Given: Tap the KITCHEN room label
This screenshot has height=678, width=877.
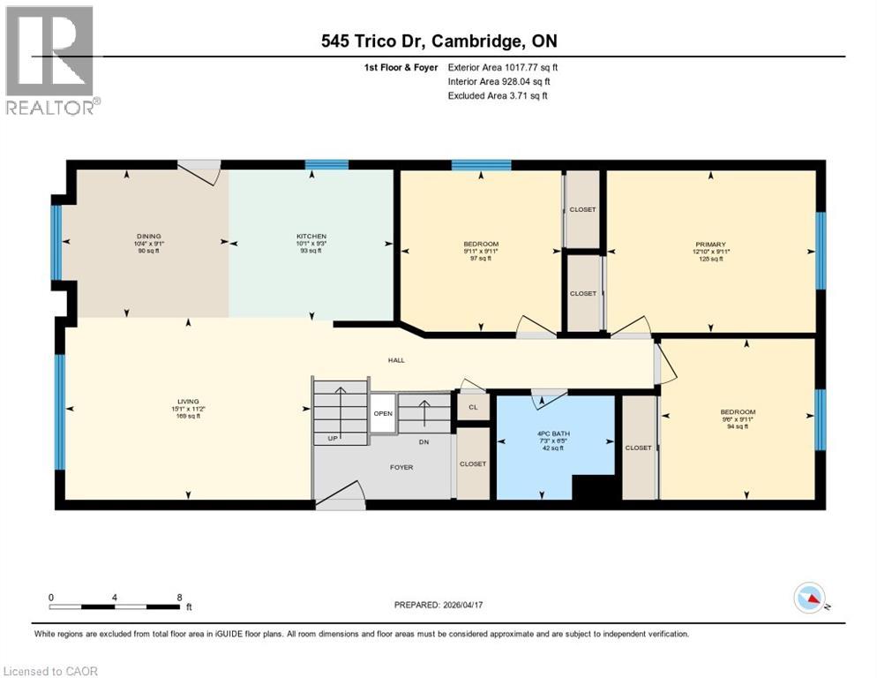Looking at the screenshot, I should pyautogui.click(x=311, y=237).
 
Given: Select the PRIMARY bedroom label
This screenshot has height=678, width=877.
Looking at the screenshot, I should pyautogui.click(x=710, y=245).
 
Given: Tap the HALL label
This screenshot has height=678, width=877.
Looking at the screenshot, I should pyautogui.click(x=396, y=360).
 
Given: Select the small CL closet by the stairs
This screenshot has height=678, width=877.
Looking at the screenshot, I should pyautogui.click(x=473, y=407).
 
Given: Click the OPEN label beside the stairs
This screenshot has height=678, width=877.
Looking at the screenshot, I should pyautogui.click(x=382, y=413).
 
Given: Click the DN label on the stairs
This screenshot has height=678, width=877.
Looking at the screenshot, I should pyautogui.click(x=424, y=441).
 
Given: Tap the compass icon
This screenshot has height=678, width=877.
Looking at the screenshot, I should pyautogui.click(x=809, y=599).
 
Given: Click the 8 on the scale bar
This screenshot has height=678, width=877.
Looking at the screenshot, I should pyautogui.click(x=180, y=597).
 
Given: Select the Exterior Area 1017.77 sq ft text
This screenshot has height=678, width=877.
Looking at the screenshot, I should pyautogui.click(x=503, y=67).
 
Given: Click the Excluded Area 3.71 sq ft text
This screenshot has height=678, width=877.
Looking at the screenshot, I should pyautogui.click(x=498, y=95).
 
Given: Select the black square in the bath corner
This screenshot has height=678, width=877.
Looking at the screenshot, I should pyautogui.click(x=593, y=487).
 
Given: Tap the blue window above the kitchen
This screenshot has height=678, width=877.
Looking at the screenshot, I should pyautogui.click(x=326, y=164).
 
